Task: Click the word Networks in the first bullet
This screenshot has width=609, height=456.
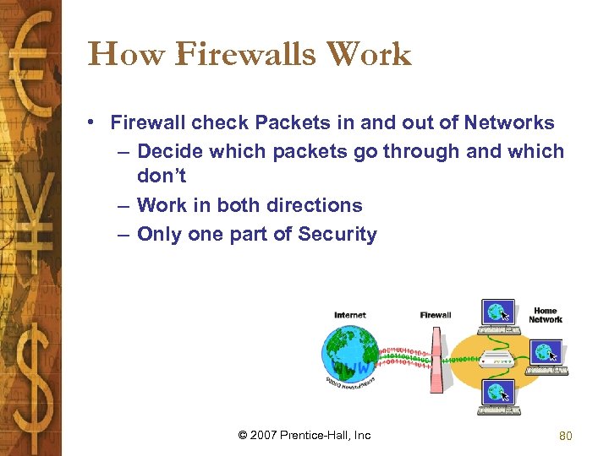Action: [508, 123]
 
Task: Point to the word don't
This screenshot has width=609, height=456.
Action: [161, 176]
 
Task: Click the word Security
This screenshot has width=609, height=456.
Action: [337, 235]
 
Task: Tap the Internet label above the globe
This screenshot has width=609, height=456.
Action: [350, 315]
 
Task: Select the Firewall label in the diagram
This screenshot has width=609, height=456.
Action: [436, 315]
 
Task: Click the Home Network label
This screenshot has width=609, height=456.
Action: [546, 316]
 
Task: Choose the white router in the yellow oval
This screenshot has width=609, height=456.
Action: [496, 358]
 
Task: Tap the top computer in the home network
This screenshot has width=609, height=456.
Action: [498, 315]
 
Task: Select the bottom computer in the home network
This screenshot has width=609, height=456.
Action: [497, 396]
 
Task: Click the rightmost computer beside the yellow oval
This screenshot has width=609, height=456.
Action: [545, 354]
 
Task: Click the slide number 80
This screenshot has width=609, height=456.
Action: [566, 436]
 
